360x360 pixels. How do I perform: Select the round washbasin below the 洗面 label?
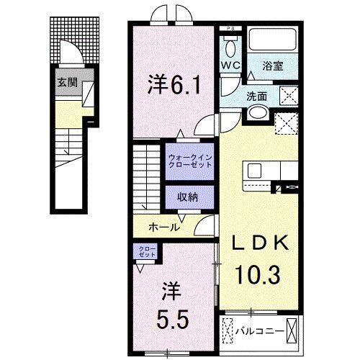pyautogui.click(x=257, y=114)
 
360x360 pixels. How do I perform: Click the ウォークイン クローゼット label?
pyautogui.click(x=189, y=160)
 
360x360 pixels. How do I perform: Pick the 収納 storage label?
pyautogui.click(x=189, y=196)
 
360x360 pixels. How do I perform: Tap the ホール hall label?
pyautogui.click(x=163, y=227)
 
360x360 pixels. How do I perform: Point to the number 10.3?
pyautogui.click(x=255, y=274)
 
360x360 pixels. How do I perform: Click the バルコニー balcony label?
pyautogui.click(x=256, y=331)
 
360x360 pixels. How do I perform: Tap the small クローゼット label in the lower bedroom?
pyautogui.click(x=147, y=252)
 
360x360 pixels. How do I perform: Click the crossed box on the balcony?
pyautogui.click(x=293, y=330)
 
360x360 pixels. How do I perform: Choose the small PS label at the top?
pyautogui.click(x=230, y=29)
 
